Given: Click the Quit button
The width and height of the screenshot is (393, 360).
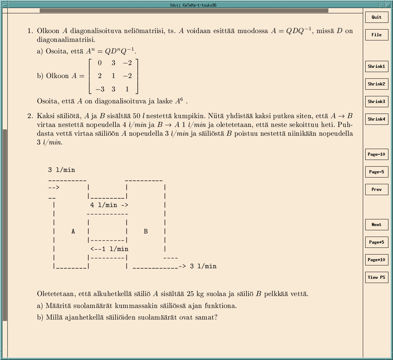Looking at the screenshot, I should (376, 17).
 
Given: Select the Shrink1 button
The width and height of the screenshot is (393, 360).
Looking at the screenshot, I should (376, 66).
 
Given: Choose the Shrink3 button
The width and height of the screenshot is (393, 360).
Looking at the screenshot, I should (376, 102).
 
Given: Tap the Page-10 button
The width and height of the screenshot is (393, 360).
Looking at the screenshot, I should (376, 154).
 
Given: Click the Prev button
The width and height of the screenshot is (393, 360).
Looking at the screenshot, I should (376, 189).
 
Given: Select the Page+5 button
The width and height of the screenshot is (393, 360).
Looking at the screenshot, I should (376, 242).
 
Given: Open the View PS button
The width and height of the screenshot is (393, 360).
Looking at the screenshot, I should (376, 277).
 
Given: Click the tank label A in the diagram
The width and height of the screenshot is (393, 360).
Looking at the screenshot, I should (73, 231).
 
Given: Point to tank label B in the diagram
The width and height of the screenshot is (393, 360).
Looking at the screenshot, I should (146, 231).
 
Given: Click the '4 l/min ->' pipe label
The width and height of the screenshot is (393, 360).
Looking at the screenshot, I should (109, 205).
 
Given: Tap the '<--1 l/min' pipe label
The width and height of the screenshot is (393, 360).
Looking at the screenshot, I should (109, 249).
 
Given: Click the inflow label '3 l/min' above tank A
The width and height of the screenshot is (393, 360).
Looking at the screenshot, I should (61, 170).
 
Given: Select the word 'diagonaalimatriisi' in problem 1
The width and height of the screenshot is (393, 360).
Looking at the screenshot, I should (66, 40).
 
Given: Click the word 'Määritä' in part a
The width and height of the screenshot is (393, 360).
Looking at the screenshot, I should (58, 306).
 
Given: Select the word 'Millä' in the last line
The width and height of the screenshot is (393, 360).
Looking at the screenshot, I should (54, 317).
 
